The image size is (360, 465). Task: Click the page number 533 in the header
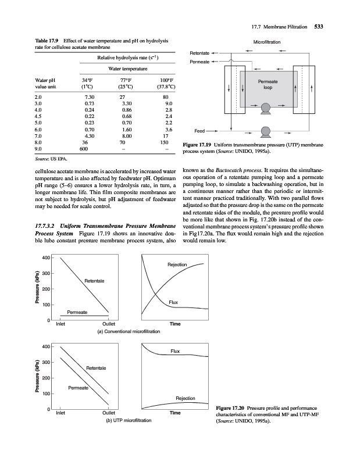click(318, 26)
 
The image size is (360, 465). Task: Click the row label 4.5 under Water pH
click(39, 116)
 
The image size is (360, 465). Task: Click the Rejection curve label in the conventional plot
click(177, 265)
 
